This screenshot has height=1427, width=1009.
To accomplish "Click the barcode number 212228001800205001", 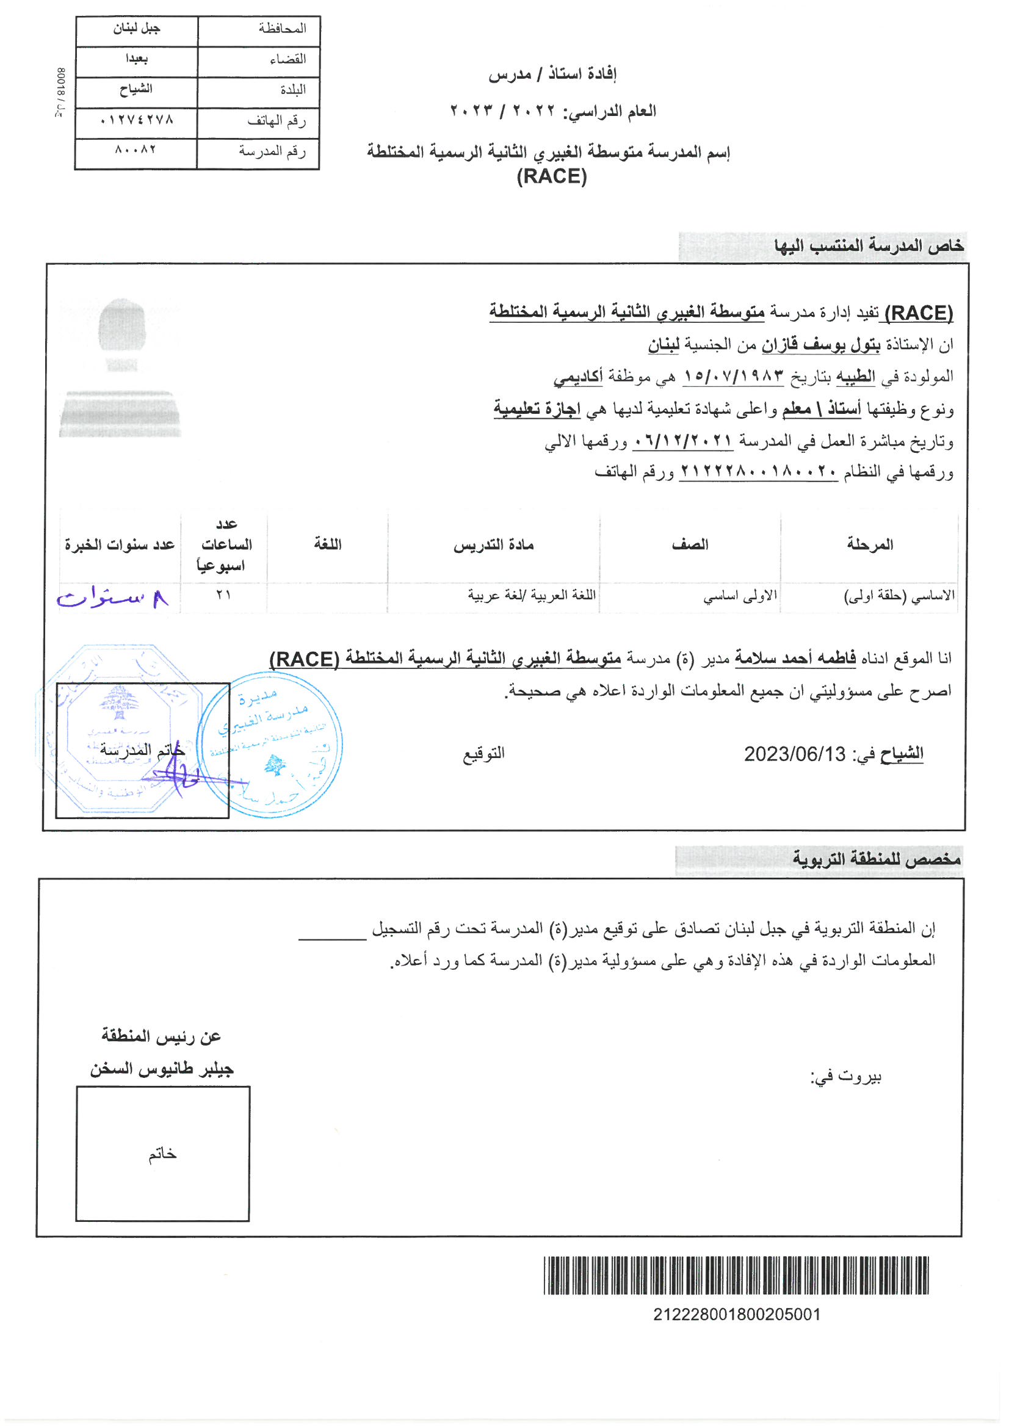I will tap(736, 1315).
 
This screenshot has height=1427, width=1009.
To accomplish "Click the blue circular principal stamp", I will tap(269, 744).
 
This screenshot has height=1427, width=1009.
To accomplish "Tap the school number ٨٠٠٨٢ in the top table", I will tap(136, 150).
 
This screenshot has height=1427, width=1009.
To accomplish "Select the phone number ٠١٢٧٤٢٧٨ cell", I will tap(136, 120).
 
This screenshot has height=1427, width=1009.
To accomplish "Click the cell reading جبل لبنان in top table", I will tap(136, 29).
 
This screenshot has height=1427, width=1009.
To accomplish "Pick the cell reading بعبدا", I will tap(136, 59).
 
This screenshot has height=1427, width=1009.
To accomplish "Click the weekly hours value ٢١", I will tap(224, 596).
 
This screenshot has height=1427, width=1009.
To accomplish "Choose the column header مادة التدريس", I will tap(494, 546).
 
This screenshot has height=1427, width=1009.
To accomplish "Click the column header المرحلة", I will tap(870, 545).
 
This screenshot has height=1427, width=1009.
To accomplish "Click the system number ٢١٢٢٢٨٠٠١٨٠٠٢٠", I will tap(759, 472).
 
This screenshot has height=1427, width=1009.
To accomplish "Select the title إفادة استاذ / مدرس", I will tap(551, 74).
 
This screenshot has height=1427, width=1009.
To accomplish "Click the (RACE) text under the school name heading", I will tap(551, 177).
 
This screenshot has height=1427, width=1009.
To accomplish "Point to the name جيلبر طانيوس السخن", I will tap(162, 1069).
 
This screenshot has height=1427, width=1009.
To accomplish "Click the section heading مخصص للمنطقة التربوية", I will tap(876, 859).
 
